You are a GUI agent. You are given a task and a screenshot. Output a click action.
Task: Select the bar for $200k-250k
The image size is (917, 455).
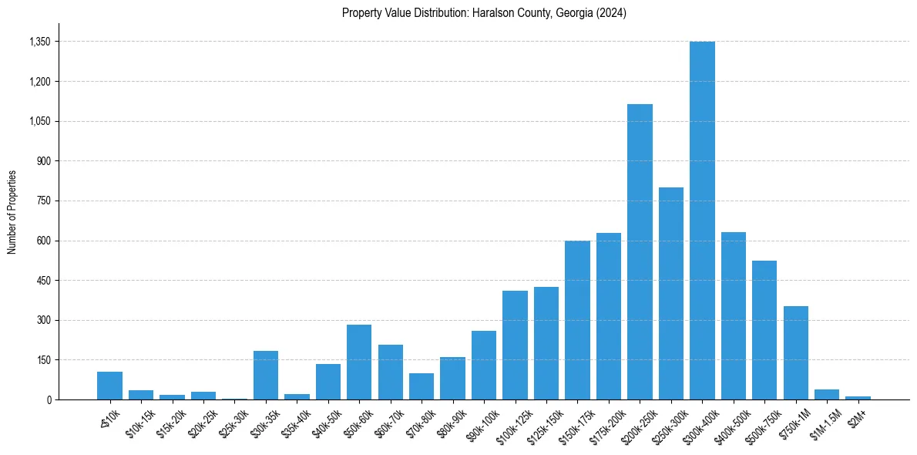pyautogui.click(x=640, y=251)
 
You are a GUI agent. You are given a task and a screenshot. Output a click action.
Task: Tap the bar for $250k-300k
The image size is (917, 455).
pyautogui.click(x=671, y=293)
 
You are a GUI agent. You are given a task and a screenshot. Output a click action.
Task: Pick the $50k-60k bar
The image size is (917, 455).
pyautogui.click(x=359, y=362)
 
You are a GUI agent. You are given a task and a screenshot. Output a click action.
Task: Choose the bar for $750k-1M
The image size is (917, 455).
pyautogui.click(x=796, y=352)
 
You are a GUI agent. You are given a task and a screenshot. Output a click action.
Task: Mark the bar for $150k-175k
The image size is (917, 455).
pyautogui.click(x=577, y=320)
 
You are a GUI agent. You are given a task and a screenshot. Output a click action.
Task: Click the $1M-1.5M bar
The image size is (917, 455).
pyautogui.click(x=827, y=394)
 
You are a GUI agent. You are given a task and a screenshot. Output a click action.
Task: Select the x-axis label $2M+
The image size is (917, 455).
pyautogui.click(x=857, y=416)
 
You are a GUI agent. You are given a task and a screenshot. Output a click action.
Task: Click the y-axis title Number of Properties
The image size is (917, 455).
pyautogui.click(x=12, y=212)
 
